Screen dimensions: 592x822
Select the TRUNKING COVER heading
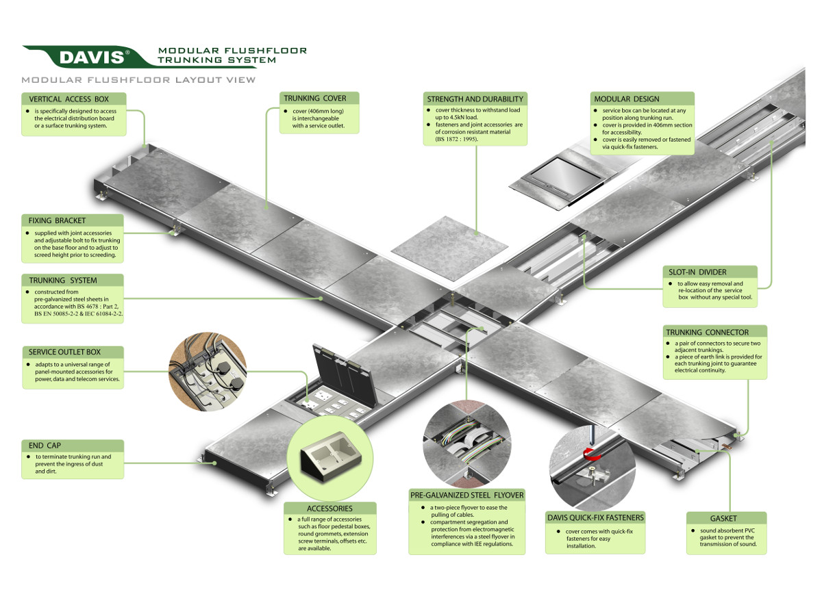tap(315, 99)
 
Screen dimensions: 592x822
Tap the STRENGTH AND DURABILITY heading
tap(475, 99)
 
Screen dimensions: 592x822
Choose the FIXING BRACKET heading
tap(58, 220)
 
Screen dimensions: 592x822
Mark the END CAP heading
tap(46, 445)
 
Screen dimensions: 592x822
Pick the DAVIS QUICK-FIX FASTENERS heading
tap(595, 517)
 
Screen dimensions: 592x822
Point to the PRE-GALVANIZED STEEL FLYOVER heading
tap(466, 495)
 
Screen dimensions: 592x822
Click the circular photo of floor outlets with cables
tap(208, 373)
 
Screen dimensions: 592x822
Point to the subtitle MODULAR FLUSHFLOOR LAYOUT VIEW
tap(138, 79)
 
